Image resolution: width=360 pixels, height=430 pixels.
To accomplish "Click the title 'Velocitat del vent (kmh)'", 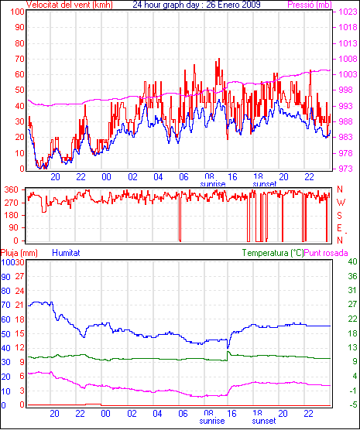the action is coord(70,5).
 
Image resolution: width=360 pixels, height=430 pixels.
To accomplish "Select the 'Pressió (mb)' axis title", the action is coord(310,5).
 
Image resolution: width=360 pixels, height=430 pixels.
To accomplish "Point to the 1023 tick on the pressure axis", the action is coord(348,12).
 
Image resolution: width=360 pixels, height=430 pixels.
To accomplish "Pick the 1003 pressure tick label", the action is coord(348,74).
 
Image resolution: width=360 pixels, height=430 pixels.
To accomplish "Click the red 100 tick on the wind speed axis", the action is coord(18,12).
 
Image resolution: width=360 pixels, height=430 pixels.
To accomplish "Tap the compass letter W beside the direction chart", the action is coord(341,203).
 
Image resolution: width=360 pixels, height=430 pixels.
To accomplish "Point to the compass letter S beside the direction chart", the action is coord(340,216).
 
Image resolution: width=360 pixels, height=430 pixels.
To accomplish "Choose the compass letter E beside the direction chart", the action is coord(340,228).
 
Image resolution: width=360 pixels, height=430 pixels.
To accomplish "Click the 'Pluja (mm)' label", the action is coord(19,253).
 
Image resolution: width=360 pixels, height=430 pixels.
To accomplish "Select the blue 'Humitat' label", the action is coord(66,253).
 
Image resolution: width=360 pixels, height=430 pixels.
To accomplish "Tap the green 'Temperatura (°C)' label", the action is coord(273,253).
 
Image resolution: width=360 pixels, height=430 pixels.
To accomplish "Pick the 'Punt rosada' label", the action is coord(326,253).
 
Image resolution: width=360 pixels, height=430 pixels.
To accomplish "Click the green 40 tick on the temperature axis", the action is coord(352,261).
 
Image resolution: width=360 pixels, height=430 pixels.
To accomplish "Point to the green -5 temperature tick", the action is coord(352,404).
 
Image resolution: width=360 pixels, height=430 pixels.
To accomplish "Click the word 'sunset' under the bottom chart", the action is coord(264,421).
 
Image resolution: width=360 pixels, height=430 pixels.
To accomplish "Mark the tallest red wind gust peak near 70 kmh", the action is coord(219,59).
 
